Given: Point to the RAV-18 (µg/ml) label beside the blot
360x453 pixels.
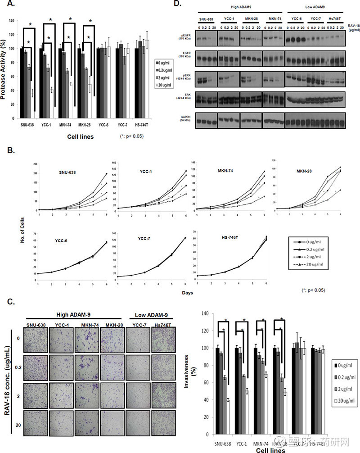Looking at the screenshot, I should (351, 30).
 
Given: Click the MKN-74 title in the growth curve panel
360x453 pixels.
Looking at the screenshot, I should (230, 172).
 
